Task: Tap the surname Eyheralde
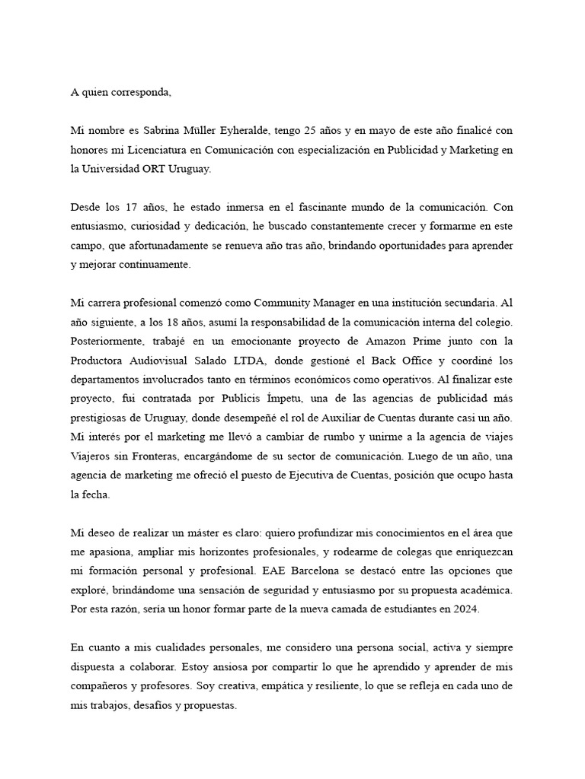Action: (x=234, y=131)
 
